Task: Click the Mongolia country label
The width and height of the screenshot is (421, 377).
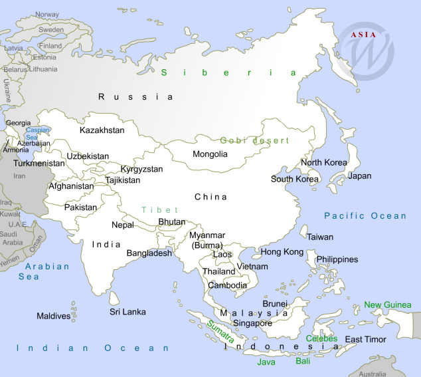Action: (x=210, y=154)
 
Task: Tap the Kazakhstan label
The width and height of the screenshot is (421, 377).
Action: (x=102, y=130)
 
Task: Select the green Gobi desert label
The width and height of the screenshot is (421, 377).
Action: (x=255, y=140)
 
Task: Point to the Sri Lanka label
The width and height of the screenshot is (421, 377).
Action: (x=127, y=312)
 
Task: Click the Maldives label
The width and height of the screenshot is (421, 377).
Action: (x=53, y=316)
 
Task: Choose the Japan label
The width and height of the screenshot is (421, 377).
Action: (x=359, y=176)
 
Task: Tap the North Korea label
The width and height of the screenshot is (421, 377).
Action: (x=324, y=163)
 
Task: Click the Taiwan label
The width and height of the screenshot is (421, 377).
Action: (x=320, y=237)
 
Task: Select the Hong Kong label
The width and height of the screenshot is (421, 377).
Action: (x=282, y=252)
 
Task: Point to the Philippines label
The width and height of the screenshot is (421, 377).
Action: (x=337, y=259)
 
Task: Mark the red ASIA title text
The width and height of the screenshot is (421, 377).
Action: (x=365, y=35)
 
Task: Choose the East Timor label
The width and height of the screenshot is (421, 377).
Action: (x=365, y=340)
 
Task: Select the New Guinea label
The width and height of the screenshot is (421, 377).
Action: (x=388, y=305)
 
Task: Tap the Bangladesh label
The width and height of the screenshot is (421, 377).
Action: (x=149, y=253)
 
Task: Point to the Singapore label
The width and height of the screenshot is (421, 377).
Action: (x=252, y=324)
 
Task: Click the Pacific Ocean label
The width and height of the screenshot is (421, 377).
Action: (x=365, y=215)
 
